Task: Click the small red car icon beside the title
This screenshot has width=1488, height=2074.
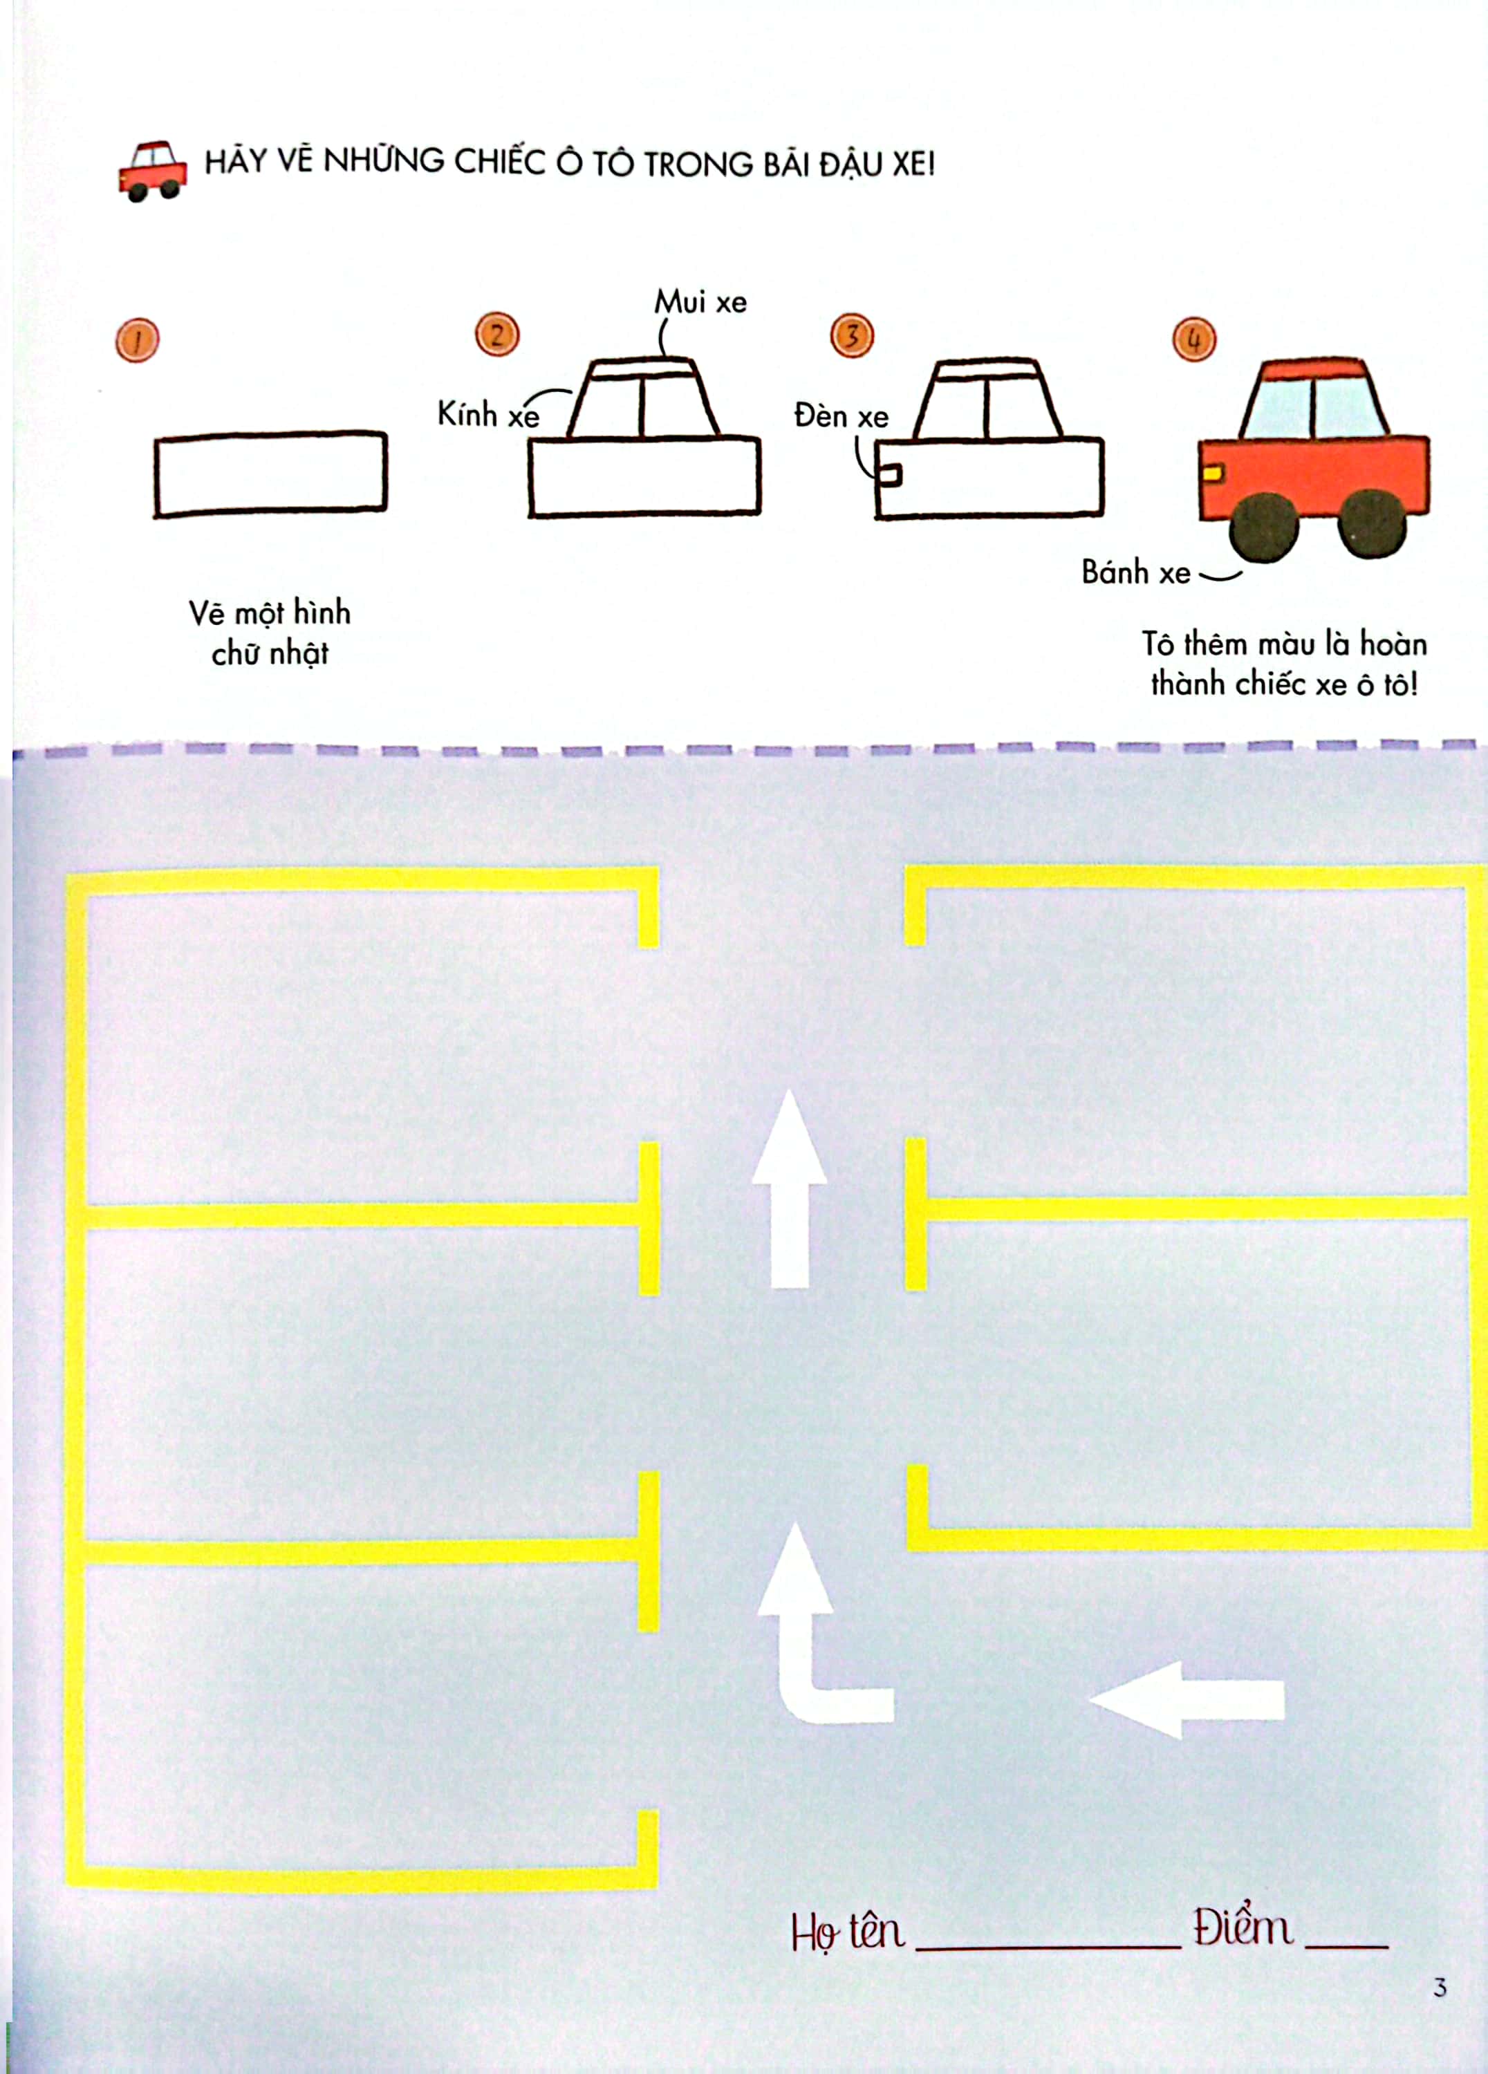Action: click(153, 171)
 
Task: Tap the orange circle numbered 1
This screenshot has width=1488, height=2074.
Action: click(137, 340)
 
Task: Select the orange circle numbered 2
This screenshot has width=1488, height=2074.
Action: click(496, 335)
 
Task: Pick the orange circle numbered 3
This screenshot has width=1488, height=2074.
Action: click(851, 335)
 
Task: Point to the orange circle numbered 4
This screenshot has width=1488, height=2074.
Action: click(1193, 340)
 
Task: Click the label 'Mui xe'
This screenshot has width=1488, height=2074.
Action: click(700, 302)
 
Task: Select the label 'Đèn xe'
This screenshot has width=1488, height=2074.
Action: click(841, 416)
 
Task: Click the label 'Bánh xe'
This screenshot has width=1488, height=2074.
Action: click(1136, 572)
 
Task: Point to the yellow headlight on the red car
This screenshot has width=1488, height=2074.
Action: click(1212, 473)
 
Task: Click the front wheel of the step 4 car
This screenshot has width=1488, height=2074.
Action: click(1264, 526)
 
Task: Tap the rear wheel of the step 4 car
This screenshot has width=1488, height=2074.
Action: click(1372, 523)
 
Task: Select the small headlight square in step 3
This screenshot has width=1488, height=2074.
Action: click(889, 476)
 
